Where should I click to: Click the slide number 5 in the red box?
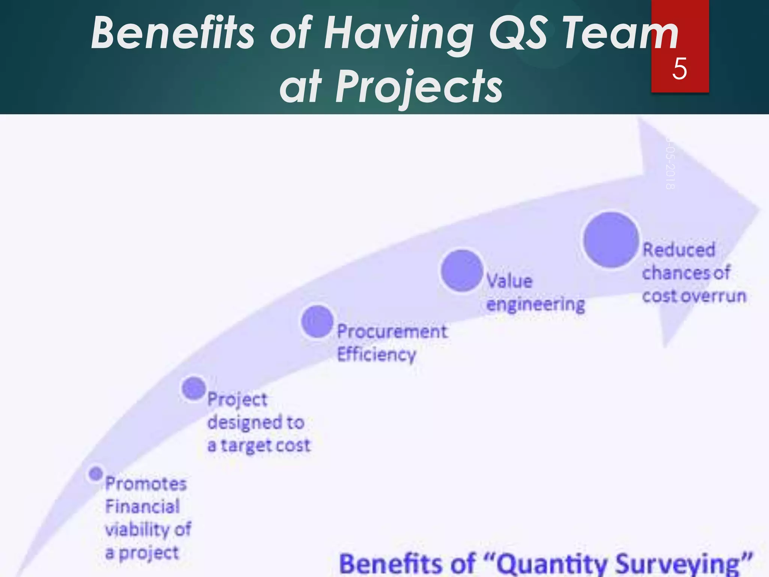point(680,69)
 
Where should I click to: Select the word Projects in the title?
point(419,87)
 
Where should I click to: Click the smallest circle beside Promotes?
point(96,473)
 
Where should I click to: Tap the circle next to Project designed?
point(194,388)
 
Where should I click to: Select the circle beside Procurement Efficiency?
point(317,321)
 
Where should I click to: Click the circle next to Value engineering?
point(461,270)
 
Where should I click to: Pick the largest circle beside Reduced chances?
point(611,240)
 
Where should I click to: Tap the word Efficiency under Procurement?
point(377,355)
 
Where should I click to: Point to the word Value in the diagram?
point(510,281)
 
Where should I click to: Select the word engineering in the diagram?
point(536,304)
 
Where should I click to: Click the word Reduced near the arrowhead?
point(679,250)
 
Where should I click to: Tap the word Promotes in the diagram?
point(146,483)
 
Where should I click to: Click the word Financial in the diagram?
point(143,506)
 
